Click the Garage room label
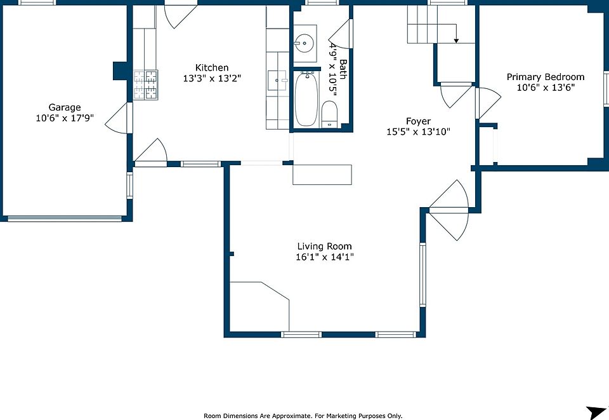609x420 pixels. coord(65,107)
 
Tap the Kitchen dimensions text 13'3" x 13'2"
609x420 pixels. coord(212,78)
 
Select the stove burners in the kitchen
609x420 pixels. coord(146,85)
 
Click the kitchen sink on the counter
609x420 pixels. coord(277,81)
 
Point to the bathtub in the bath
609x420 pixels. coord(306,99)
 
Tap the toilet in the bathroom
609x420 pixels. coord(329,114)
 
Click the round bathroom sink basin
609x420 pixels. coord(304,43)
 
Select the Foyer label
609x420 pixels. coord(418,121)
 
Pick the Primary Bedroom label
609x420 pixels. coord(546,77)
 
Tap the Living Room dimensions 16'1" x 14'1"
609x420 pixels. coord(325,257)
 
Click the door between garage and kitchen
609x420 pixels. coord(119,118)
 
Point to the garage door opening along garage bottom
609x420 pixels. coord(65,219)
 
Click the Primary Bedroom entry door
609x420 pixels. coord(488,103)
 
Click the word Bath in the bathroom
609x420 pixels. coord(343,69)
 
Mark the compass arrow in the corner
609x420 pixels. coord(596,412)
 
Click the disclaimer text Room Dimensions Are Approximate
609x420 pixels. coord(257,416)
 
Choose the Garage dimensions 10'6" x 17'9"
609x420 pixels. coord(65,118)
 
